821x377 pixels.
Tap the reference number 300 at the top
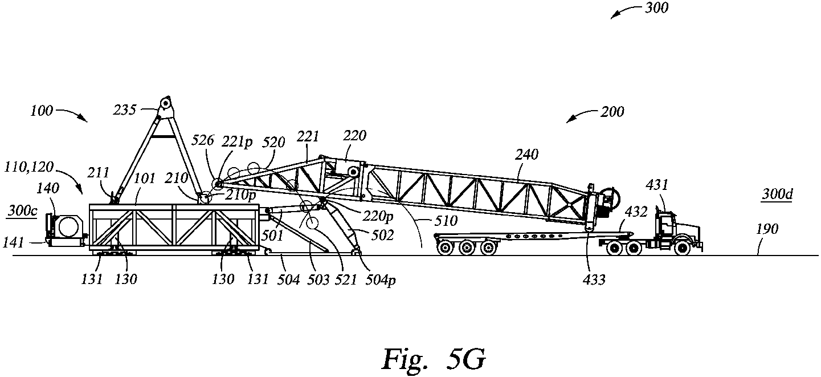pos(657,7)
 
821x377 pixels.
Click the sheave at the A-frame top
pos(166,104)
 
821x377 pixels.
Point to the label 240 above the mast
pos(528,154)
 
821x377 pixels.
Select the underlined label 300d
pos(778,194)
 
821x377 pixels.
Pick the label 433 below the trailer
pos(594,279)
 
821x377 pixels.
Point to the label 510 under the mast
pos(446,220)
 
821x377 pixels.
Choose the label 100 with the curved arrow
pos(42,111)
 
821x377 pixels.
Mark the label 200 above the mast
pos(612,112)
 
